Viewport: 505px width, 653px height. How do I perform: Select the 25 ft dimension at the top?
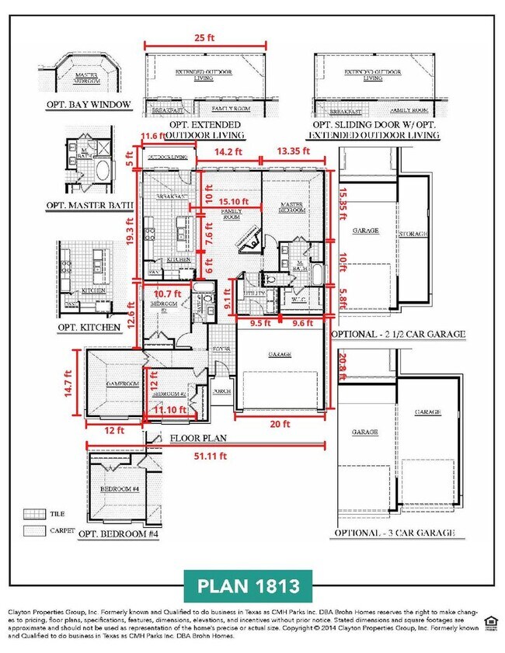[206, 37]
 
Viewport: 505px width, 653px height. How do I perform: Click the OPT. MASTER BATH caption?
[90, 206]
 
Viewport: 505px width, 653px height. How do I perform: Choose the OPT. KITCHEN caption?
[89, 327]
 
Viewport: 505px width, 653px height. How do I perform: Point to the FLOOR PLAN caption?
[198, 438]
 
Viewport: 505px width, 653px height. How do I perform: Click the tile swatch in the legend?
[33, 513]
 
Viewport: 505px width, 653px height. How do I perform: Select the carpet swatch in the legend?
[33, 530]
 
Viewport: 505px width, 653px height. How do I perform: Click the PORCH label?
[221, 391]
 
